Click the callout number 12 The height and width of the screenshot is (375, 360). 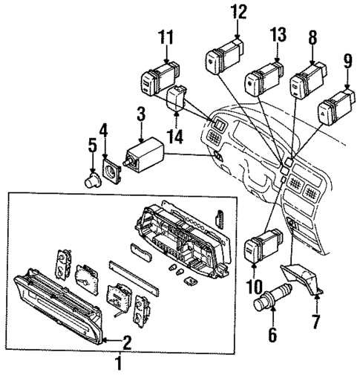237,11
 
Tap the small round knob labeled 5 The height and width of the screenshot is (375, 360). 93,180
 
